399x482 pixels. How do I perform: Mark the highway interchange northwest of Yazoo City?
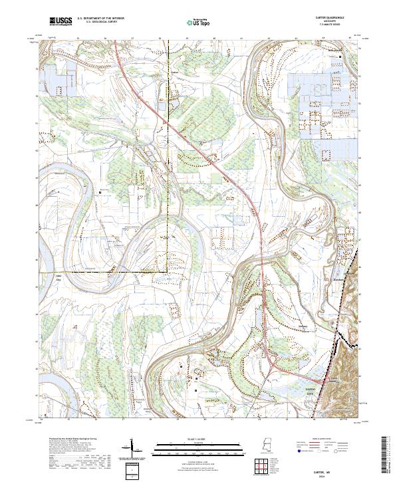pyautogui.click(x=273, y=364)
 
